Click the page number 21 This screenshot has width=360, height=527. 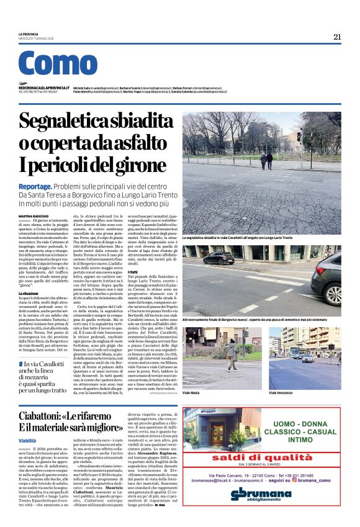click(336, 37)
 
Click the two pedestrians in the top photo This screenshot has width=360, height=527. click(266, 160)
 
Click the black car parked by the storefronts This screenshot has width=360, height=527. click(218, 258)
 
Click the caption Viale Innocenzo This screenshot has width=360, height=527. click(283, 393)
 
